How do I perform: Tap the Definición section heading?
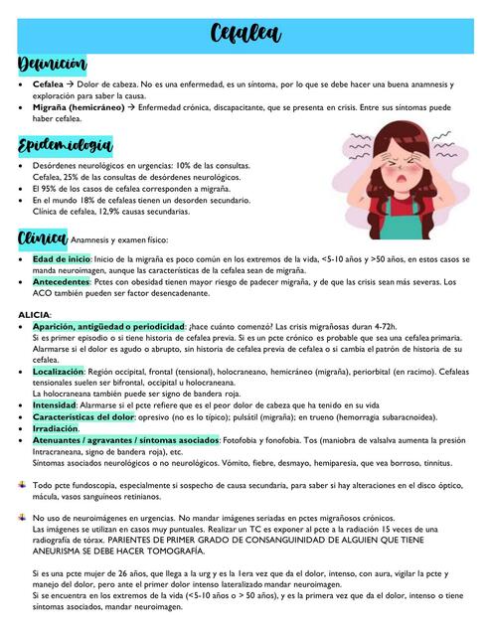[52, 66]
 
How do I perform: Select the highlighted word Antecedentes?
[61, 281]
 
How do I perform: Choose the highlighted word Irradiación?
[57, 428]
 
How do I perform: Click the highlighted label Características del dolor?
[90, 416]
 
